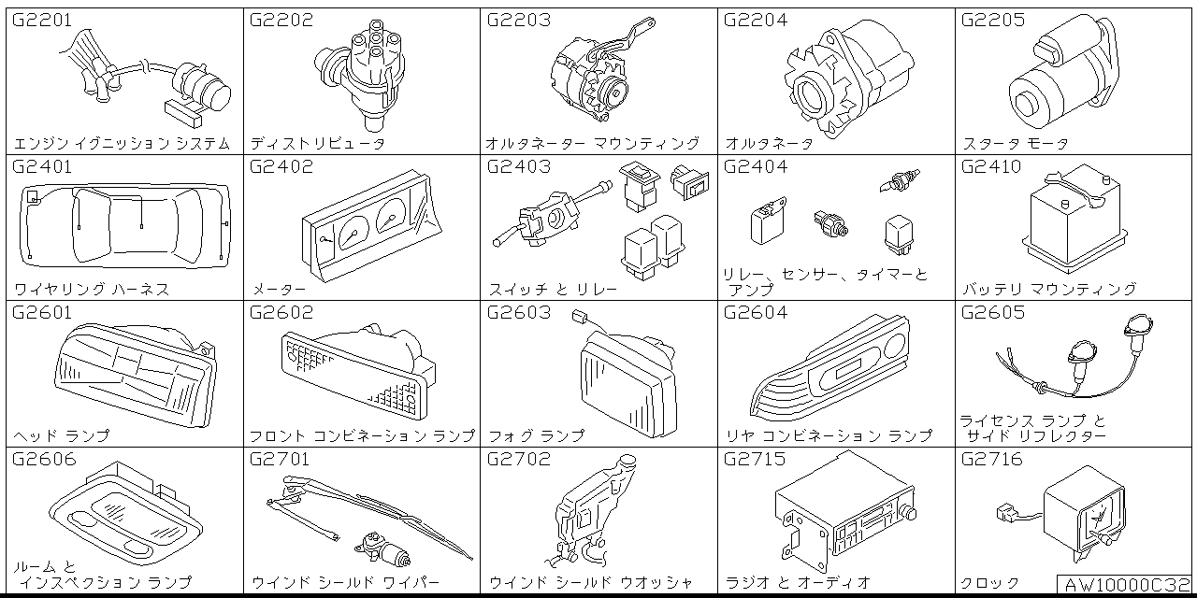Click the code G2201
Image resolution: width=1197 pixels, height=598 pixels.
[42, 20]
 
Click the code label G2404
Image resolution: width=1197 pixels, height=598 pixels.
[756, 167]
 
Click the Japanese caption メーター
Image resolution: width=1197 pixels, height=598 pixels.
[278, 290]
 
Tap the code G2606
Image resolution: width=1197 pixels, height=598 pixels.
[43, 460]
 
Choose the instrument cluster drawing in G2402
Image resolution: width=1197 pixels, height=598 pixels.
[370, 229]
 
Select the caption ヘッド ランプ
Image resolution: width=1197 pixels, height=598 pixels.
[62, 436]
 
